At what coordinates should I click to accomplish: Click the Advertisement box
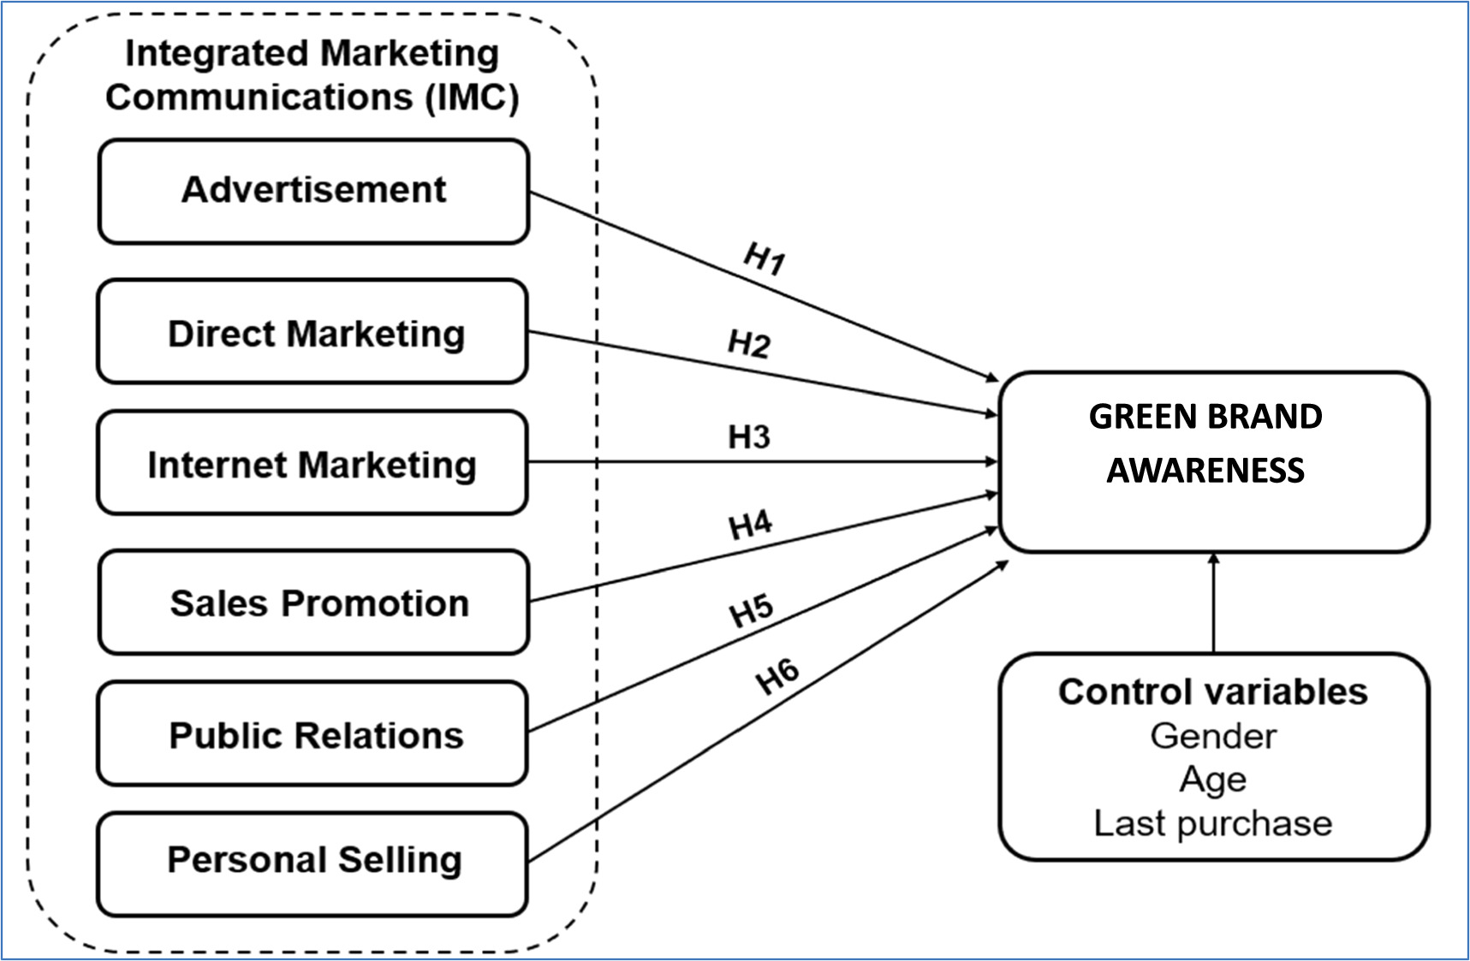point(313,191)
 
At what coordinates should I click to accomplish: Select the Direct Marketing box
point(313,332)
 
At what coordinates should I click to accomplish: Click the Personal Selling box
point(313,860)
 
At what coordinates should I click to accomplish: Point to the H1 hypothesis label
point(764,258)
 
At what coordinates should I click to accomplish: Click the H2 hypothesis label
point(749,343)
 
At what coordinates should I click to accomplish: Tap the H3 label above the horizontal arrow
point(749,437)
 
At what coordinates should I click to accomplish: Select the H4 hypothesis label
point(751,524)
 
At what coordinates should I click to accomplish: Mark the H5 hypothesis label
point(751,611)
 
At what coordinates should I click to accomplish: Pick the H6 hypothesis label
point(777,676)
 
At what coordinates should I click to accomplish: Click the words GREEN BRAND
point(1205,417)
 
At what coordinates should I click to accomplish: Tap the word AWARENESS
point(1205,470)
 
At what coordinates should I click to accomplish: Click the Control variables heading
point(1212,691)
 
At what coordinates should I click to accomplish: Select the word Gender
point(1212,736)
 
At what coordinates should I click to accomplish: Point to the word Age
point(1212,780)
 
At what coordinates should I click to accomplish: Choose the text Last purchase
point(1212,823)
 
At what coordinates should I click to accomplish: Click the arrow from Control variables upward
point(1213,603)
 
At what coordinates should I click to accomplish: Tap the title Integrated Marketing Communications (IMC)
point(312,75)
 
